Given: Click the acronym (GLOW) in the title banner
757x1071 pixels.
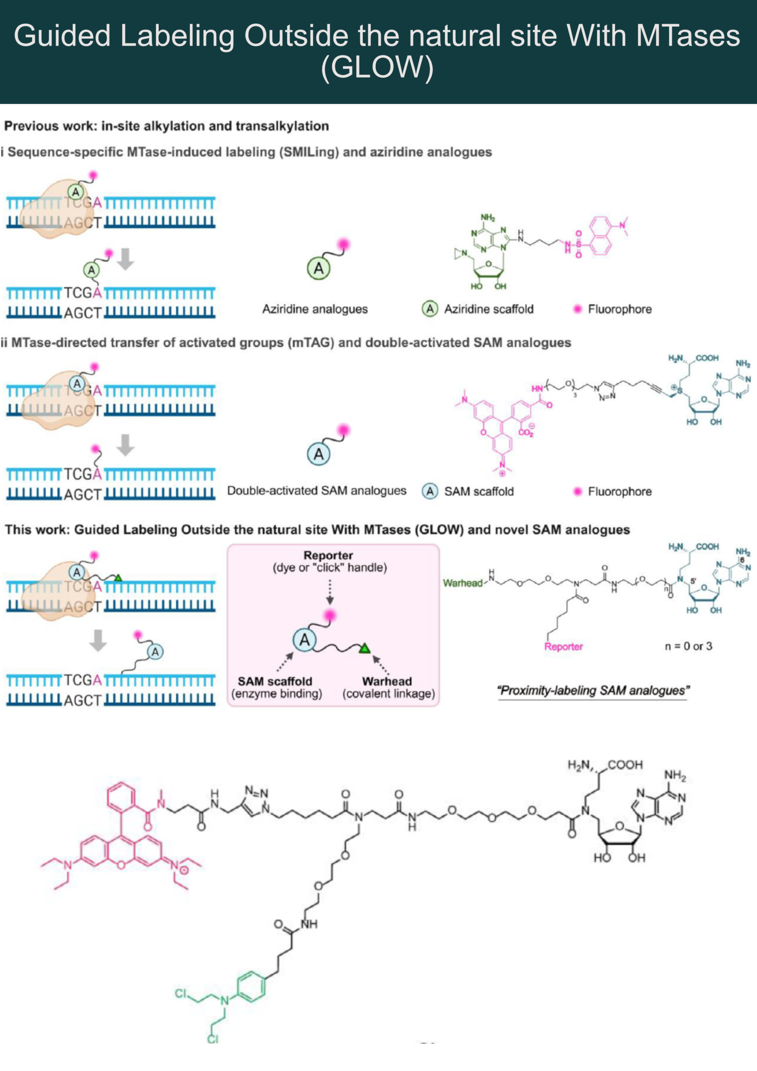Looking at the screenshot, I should point(377,67).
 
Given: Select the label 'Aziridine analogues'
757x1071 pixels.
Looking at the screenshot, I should point(315,309).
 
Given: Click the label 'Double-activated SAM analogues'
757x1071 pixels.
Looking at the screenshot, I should point(316,491).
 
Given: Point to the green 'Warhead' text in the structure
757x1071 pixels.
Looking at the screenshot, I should point(462,583).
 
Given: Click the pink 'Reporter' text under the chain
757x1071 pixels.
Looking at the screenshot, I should point(563,646).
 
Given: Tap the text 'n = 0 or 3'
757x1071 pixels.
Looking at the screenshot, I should point(688,646).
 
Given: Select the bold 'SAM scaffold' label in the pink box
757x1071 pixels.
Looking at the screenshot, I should point(275,682).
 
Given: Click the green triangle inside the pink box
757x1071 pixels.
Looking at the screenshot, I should point(364,648).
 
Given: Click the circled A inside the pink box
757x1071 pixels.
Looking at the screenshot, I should point(304,640).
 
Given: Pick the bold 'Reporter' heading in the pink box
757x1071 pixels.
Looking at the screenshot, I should point(328,556).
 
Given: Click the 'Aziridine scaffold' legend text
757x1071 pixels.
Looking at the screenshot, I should point(489,309).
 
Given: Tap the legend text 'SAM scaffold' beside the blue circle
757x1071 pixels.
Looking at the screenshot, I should point(479,491).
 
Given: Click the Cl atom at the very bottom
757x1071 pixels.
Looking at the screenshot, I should point(213,1039).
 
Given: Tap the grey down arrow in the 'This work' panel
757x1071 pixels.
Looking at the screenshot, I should point(98,640).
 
